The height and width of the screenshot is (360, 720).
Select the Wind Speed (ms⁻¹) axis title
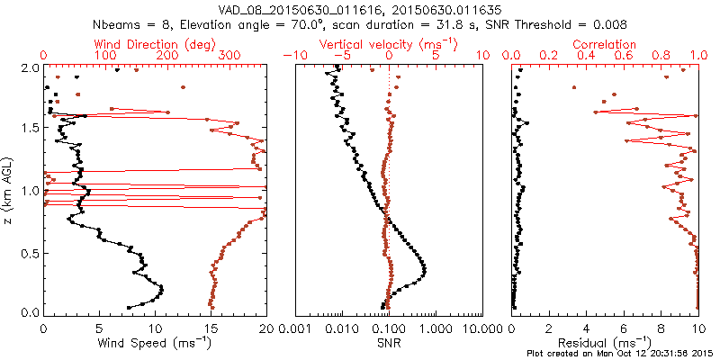tap(156, 343)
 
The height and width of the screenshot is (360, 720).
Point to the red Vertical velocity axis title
tap(388, 43)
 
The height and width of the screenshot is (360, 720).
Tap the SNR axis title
tap(388, 343)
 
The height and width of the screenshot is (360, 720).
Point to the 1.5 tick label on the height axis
tap(30, 129)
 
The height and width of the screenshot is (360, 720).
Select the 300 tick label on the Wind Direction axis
tap(229, 56)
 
